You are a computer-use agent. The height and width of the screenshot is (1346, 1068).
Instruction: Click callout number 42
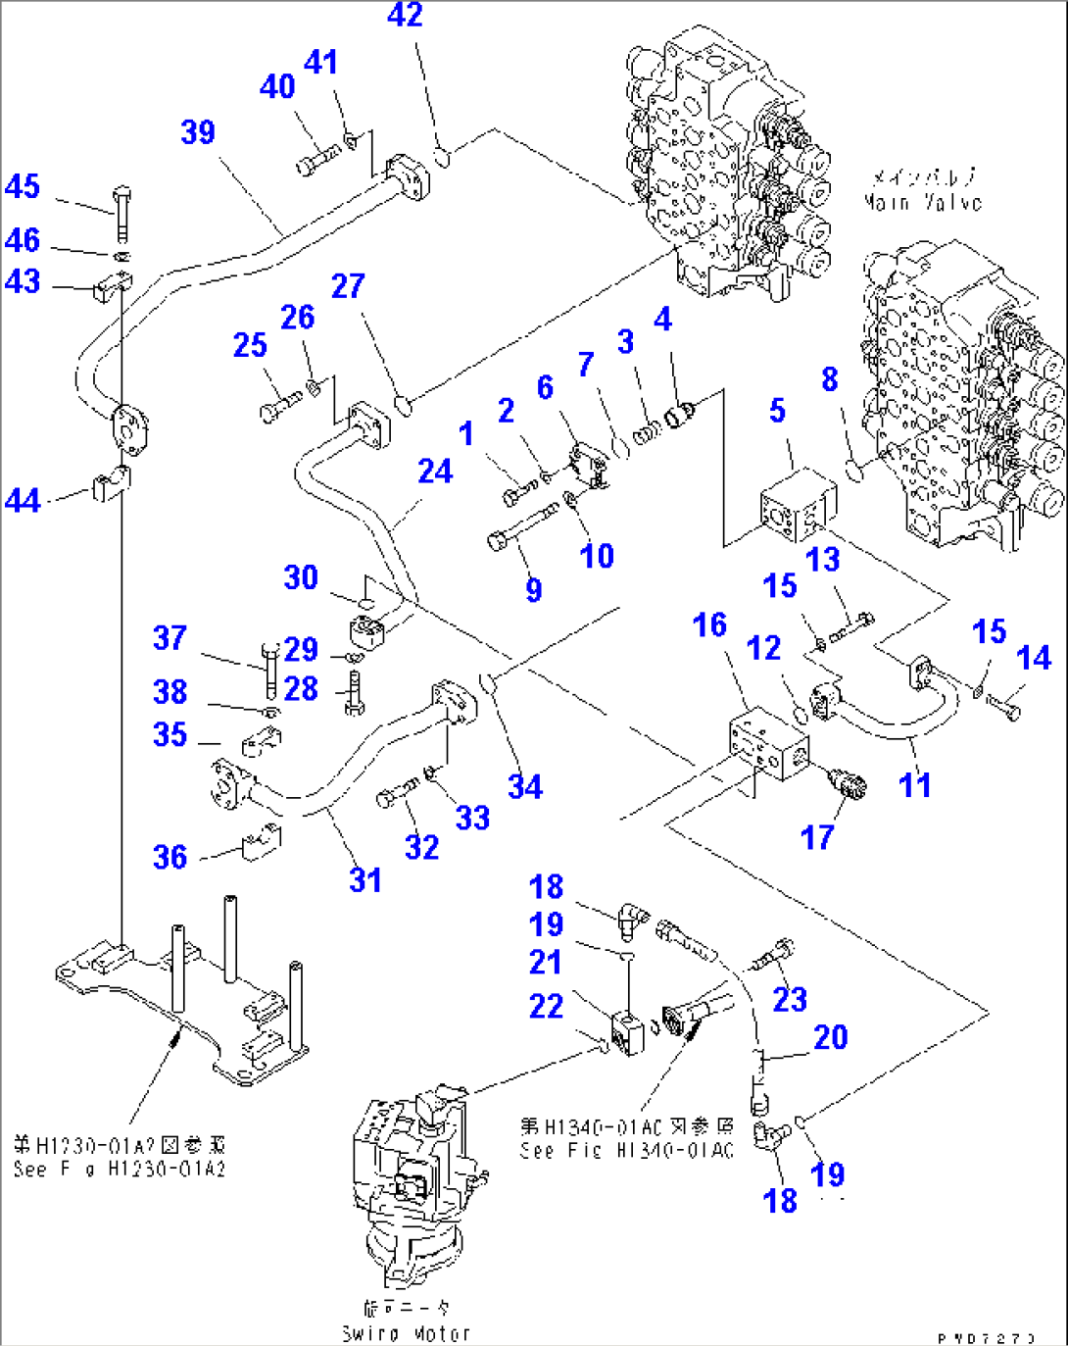pyautogui.click(x=405, y=15)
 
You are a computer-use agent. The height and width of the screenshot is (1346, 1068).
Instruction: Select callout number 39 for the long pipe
pyautogui.click(x=198, y=131)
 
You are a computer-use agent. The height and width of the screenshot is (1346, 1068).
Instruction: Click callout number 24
pyautogui.click(x=435, y=472)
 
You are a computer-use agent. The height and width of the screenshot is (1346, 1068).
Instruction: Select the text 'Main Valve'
pyautogui.click(x=922, y=202)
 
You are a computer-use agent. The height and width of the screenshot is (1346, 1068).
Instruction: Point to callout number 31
pyautogui.click(x=365, y=879)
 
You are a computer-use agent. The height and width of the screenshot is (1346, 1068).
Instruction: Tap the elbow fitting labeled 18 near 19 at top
pyautogui.click(x=631, y=919)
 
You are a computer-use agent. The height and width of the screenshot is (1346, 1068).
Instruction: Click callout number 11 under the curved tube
pyautogui.click(x=914, y=784)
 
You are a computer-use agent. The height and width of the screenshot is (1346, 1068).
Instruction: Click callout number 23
pyautogui.click(x=790, y=999)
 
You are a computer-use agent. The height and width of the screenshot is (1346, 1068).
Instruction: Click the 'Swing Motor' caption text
pyautogui.click(x=406, y=1332)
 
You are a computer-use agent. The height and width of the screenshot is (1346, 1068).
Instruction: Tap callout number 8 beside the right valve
pyautogui.click(x=830, y=379)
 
